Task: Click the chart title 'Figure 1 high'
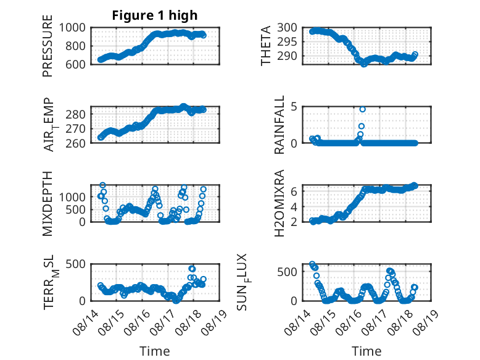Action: click(x=155, y=15)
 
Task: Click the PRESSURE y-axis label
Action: click(x=48, y=46)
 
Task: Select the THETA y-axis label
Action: click(x=266, y=46)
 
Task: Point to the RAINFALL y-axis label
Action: click(x=279, y=125)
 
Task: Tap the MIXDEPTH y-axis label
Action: click(x=48, y=203)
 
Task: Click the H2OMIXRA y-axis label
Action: click(x=279, y=203)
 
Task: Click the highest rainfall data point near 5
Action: click(x=362, y=109)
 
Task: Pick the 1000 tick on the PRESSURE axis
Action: click(x=72, y=28)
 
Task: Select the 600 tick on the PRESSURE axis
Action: click(x=76, y=65)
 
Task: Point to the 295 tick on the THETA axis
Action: click(x=287, y=41)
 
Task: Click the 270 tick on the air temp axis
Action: click(x=76, y=129)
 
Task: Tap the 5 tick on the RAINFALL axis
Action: click(x=294, y=107)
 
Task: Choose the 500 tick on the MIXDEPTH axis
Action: click(x=76, y=209)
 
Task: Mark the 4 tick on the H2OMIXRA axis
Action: click(x=294, y=206)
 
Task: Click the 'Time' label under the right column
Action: click(x=366, y=351)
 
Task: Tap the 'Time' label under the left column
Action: click(x=155, y=351)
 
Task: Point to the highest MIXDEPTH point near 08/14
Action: click(x=103, y=185)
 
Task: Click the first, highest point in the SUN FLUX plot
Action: click(x=312, y=264)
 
